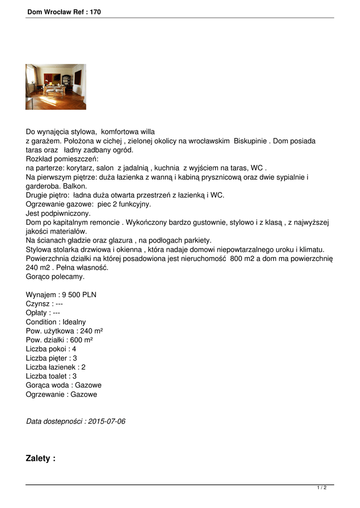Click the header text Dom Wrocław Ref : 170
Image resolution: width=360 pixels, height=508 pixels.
click(64, 12)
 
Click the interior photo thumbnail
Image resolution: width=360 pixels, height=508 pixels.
click(56, 87)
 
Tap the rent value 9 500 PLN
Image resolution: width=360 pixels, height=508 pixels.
click(79, 294)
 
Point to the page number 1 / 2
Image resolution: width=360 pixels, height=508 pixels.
click(322, 488)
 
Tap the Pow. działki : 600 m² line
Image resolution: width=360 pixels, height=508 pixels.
click(59, 340)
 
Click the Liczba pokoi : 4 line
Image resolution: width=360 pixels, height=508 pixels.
click(51, 349)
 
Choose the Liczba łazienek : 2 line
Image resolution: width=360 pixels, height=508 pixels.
click(56, 367)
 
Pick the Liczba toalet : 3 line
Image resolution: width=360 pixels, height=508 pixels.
click(51, 376)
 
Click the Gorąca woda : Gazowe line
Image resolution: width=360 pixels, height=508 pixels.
click(64, 385)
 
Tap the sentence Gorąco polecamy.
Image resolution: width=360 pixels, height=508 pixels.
click(55, 276)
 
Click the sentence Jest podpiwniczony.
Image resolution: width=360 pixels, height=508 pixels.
click(58, 213)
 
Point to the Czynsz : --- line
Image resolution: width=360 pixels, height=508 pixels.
click(44, 304)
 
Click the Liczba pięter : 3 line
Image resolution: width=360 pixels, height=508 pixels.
click(51, 358)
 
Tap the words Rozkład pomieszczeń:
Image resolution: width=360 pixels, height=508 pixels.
click(62, 159)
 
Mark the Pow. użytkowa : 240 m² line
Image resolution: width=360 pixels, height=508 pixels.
click(64, 331)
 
